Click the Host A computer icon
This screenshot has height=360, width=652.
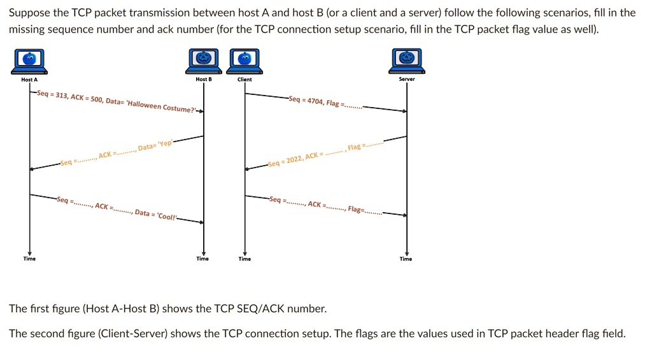tap(29, 61)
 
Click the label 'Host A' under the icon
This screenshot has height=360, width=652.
tap(29, 80)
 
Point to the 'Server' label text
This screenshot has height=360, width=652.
tap(407, 80)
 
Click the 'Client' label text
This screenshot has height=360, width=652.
tap(244, 80)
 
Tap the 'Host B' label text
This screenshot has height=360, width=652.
tap(204, 80)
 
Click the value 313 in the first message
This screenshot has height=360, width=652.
tap(61, 96)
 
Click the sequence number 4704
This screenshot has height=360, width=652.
tap(314, 101)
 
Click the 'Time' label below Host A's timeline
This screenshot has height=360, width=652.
tap(29, 259)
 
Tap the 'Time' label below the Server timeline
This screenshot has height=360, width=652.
tap(406, 259)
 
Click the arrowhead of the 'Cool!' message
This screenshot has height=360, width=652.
tap(201, 222)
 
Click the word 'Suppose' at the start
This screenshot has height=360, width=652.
tap(29, 13)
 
